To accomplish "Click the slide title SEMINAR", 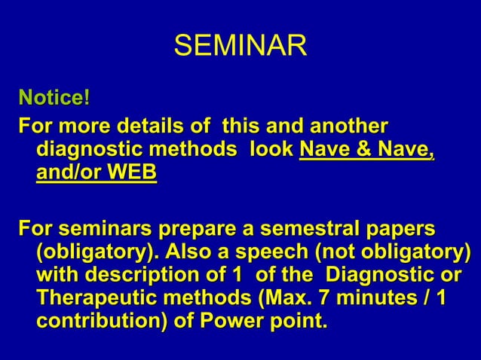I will (x=240, y=46).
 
